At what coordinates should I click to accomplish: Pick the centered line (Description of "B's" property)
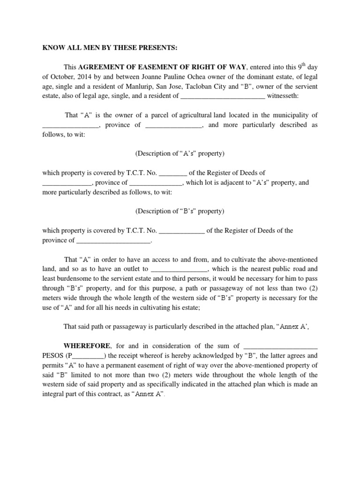(180, 211)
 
